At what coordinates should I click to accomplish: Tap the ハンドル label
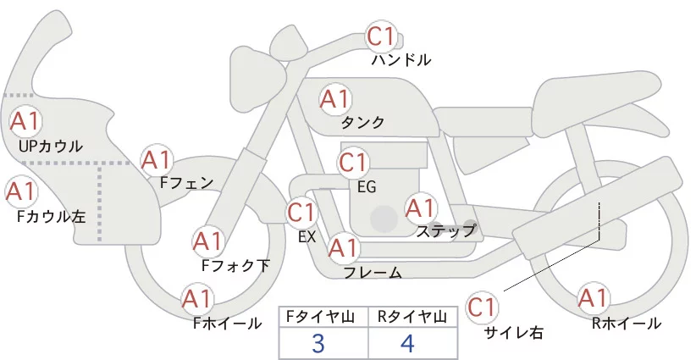401,60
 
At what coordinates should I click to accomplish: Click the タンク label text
362,123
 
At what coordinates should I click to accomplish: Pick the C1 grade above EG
353,162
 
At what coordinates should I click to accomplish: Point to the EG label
367,186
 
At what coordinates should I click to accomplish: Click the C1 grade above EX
301,212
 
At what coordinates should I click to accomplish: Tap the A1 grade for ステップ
421,208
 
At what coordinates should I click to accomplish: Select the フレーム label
373,273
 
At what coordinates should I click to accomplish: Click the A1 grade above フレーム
343,249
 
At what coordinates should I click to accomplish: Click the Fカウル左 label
52,216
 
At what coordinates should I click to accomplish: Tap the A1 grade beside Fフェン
157,159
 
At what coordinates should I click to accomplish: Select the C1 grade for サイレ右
483,307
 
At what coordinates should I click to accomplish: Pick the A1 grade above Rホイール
592,298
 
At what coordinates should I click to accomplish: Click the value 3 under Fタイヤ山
318,343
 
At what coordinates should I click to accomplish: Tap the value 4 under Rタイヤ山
408,343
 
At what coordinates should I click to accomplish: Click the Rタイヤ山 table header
412,317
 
